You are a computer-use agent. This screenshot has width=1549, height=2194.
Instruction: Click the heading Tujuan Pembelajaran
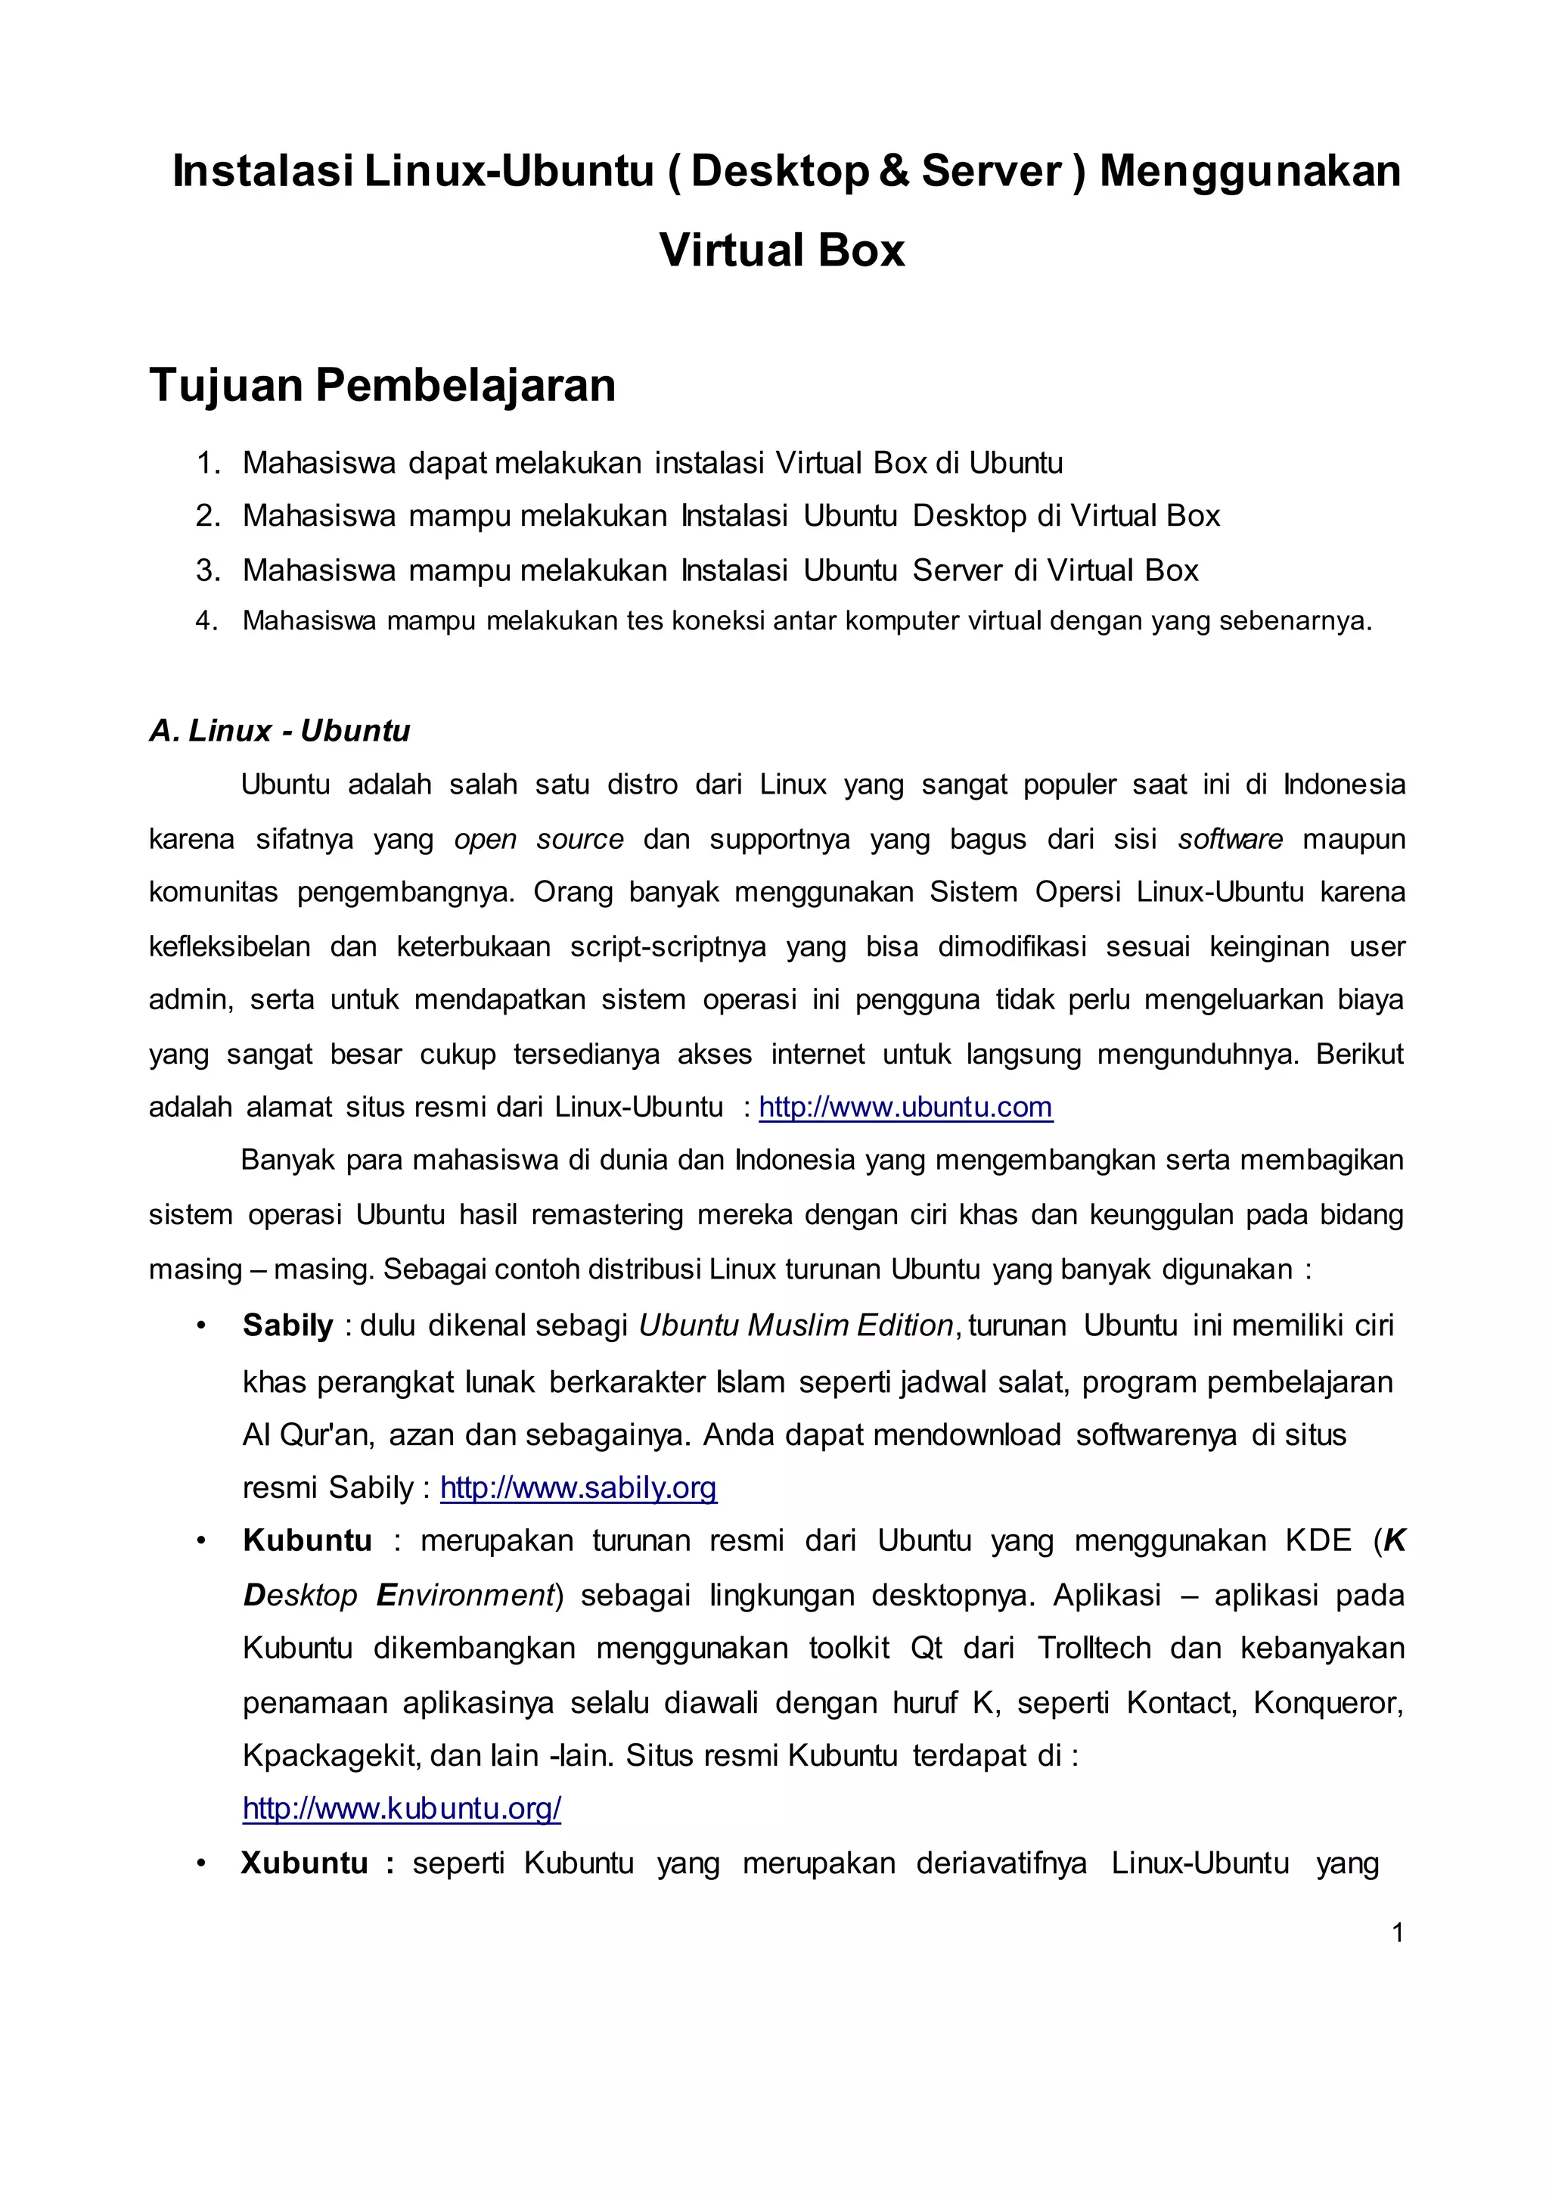[382, 385]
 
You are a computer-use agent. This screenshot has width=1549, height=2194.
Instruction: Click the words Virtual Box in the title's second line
[781, 250]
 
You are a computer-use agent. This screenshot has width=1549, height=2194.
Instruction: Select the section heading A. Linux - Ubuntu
[279, 730]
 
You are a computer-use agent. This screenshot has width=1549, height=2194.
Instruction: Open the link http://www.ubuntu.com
[905, 1107]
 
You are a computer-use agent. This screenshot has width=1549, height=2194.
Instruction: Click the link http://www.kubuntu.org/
[402, 1808]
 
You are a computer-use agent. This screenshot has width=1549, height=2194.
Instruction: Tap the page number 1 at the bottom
[1397, 1932]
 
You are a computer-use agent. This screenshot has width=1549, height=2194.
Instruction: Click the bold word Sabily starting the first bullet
[287, 1325]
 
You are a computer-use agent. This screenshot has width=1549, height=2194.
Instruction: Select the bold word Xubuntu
[304, 1863]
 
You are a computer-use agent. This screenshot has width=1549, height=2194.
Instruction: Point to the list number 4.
[206, 621]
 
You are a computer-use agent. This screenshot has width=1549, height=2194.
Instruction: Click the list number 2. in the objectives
[207, 516]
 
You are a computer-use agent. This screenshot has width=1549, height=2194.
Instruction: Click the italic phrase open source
[538, 839]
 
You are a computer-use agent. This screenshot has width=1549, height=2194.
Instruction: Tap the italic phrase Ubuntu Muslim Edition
[795, 1325]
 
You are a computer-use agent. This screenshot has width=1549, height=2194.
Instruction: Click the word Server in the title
[991, 171]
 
